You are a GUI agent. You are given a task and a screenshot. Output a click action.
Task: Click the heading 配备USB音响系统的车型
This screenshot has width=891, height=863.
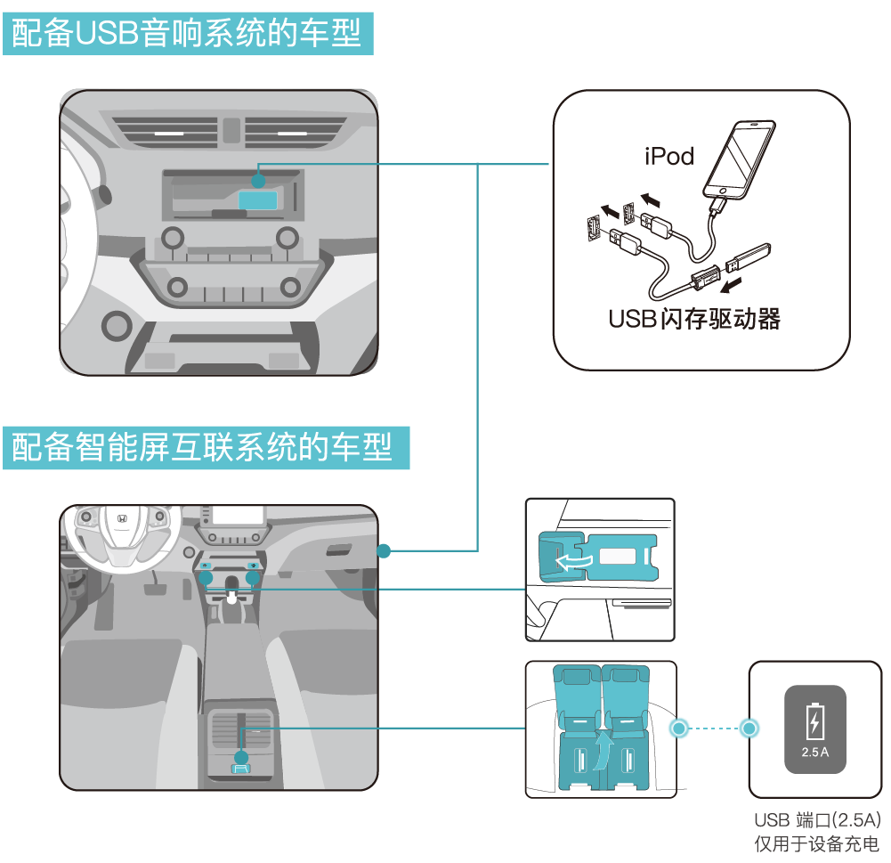click(186, 34)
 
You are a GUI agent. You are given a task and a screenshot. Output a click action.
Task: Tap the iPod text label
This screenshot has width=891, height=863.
click(668, 157)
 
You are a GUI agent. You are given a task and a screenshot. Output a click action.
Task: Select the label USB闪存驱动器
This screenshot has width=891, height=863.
click(694, 319)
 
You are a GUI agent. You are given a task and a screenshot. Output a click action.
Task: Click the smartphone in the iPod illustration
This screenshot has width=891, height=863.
click(740, 159)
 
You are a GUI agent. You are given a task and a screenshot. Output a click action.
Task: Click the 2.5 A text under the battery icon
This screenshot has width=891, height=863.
click(814, 752)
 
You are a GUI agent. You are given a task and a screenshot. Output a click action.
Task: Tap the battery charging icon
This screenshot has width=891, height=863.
click(814, 721)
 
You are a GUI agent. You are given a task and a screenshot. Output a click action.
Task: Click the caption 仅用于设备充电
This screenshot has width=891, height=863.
click(815, 844)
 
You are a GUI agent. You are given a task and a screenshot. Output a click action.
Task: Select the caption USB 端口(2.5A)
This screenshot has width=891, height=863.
click(815, 820)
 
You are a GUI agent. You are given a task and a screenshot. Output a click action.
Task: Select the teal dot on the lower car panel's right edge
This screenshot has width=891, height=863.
click(384, 551)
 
